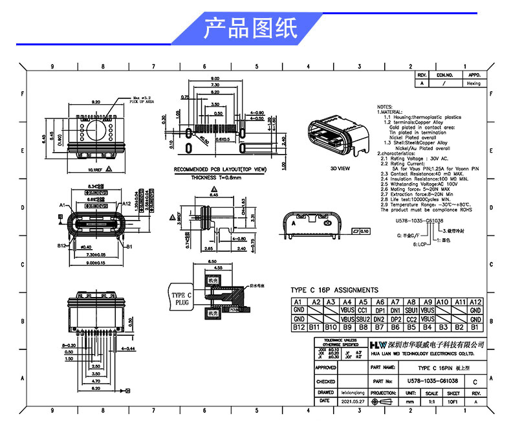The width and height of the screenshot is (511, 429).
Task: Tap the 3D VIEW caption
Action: point(340,168)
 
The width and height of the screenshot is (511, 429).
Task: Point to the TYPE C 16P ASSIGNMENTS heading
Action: point(334,290)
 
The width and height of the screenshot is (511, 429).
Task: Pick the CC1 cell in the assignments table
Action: point(364,311)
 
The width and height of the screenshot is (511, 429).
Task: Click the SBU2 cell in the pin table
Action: point(364,319)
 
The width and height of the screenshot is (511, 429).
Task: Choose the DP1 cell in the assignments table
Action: point(380,311)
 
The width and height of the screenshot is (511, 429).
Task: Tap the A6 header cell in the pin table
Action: point(380,302)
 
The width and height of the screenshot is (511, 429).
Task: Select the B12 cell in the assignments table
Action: point(299,327)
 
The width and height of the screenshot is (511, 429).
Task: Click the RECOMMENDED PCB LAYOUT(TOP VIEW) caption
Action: point(221,169)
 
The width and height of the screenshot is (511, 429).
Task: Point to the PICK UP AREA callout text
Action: point(142,102)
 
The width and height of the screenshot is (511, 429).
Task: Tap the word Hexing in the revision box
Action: point(474,83)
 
